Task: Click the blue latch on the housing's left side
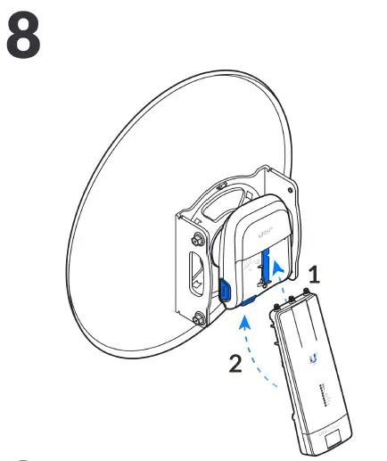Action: point(223,290)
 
